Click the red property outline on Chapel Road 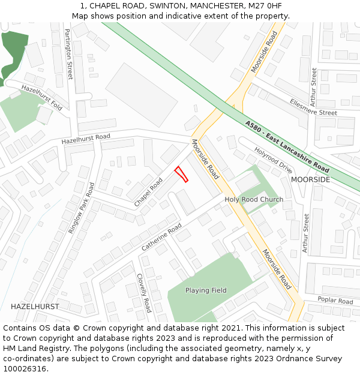click(181, 175)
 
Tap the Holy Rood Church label click(254, 199)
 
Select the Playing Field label click(206, 290)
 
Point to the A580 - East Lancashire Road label click(287, 146)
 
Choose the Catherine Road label click(161, 237)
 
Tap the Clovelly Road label click(144, 293)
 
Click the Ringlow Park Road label click(82, 212)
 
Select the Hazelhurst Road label click(86, 139)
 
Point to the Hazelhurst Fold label click(42, 97)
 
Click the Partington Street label click(69, 54)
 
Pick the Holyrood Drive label click(273, 160)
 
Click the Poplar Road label click(335, 300)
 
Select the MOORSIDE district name click(310, 179)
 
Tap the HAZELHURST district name click(35, 306)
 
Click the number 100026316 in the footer click(25, 369)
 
